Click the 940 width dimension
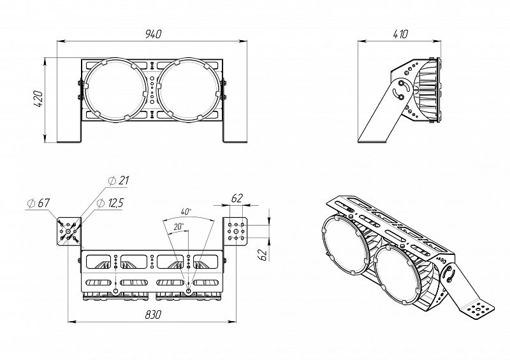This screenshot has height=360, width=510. tap(153, 34)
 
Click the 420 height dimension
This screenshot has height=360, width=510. tap(38, 99)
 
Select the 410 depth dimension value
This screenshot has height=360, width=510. tap(400, 34)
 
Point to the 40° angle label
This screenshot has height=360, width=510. tap(186, 212)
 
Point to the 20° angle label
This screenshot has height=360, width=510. tap(178, 227)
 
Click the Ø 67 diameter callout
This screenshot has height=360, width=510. tap(39, 204)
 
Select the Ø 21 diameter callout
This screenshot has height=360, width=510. tap(119, 180)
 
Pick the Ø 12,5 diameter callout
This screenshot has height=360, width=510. tap(110, 203)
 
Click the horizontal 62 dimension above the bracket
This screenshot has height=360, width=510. tap(237, 198)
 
